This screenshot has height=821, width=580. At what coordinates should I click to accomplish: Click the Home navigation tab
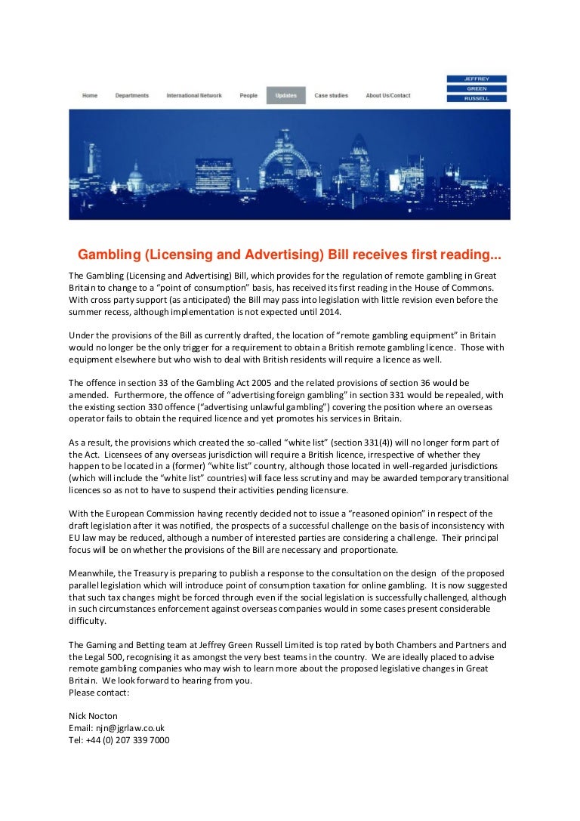tap(90, 96)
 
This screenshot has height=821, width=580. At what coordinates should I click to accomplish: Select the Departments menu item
tap(131, 96)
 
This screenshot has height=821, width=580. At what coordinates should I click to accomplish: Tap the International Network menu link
tap(194, 96)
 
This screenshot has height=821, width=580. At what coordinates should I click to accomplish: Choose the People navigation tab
tap(248, 96)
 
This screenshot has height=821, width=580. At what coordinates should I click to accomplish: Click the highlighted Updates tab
tap(286, 96)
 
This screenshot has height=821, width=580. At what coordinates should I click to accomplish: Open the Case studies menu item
tap(332, 96)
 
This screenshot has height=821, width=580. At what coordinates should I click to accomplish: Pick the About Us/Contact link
tap(388, 96)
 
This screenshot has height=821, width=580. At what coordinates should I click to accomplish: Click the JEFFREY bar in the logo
tap(477, 79)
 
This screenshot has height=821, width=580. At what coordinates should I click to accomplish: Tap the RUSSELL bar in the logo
tap(477, 98)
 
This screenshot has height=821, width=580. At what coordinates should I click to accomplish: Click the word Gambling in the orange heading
tap(111, 255)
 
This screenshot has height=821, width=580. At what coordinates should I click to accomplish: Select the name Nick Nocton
tap(93, 716)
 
